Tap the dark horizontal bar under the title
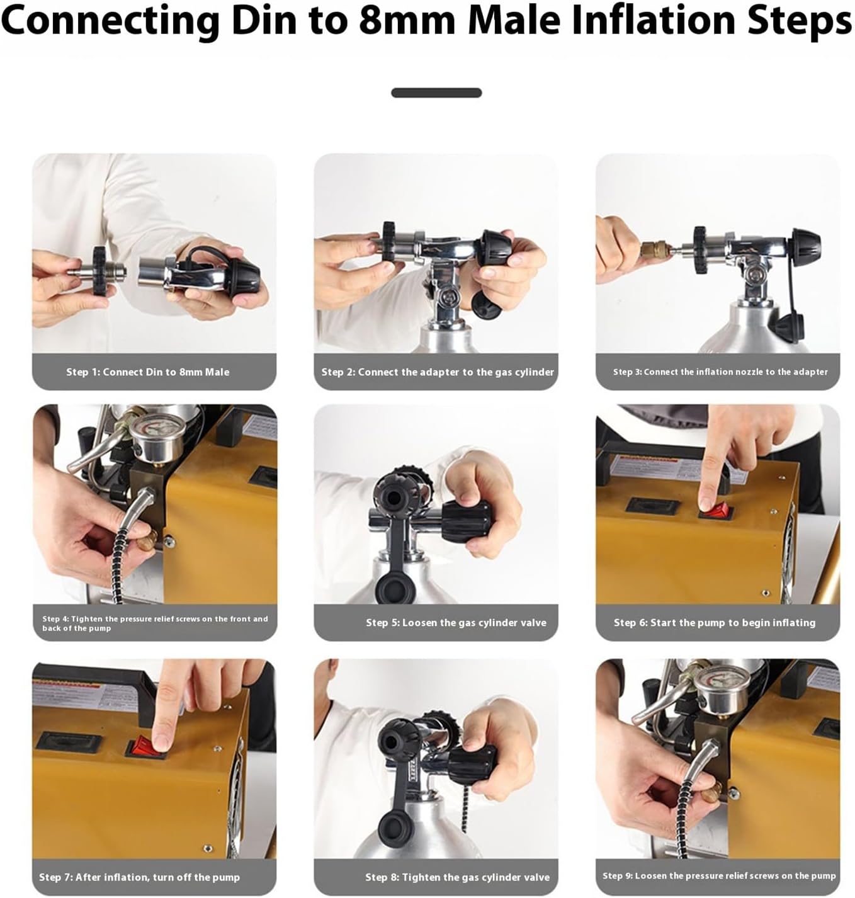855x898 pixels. point(436,93)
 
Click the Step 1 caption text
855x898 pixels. point(147,372)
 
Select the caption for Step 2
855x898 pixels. point(438,372)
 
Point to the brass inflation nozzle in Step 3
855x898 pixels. point(653,250)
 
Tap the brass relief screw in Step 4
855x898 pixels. point(147,540)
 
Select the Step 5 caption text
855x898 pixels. point(456,623)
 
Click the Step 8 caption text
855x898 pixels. point(457,877)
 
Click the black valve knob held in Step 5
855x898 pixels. point(466,521)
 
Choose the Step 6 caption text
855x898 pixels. point(715,623)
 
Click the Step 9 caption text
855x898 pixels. point(719,875)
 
